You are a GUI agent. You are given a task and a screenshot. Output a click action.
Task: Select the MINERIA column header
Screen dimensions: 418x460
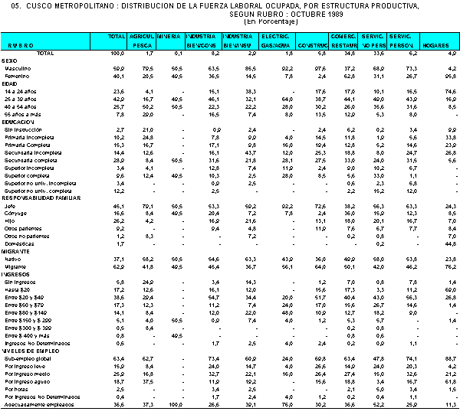[x=169, y=36]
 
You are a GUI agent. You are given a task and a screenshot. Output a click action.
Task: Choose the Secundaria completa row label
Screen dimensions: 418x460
[x=31, y=158]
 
